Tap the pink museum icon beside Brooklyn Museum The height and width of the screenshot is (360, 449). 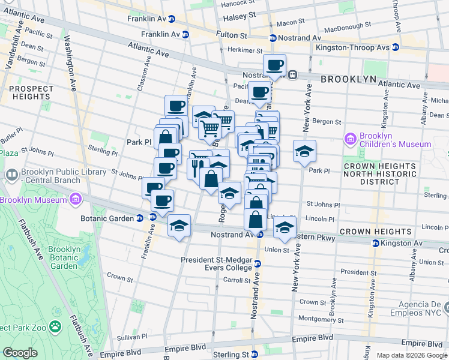click(x=76, y=199)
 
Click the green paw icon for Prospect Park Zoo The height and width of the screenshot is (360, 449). click(x=55, y=327)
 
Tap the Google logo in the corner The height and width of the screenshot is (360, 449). click(x=20, y=353)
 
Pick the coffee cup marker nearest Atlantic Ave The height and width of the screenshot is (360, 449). click(x=274, y=65)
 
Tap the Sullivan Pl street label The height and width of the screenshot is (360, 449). click(x=133, y=337)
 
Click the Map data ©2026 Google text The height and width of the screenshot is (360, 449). click(x=412, y=355)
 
